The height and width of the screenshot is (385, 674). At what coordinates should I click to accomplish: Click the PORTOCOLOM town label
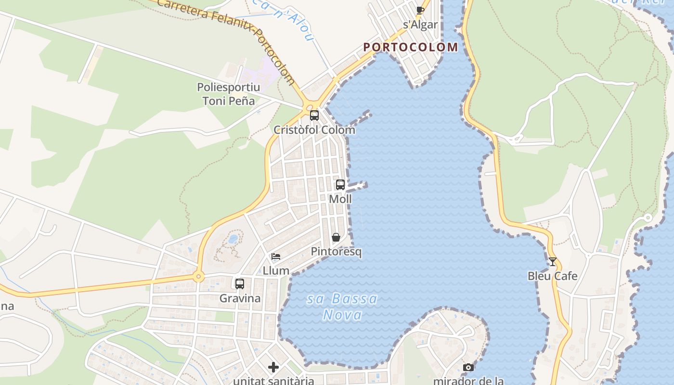click(x=411, y=47)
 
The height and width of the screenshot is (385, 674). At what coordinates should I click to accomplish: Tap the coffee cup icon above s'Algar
click(x=420, y=10)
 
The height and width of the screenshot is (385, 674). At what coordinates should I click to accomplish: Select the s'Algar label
click(x=420, y=25)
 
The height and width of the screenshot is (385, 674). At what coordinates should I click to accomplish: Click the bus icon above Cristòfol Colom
click(x=314, y=115)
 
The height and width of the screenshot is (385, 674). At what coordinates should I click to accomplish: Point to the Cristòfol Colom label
click(x=314, y=130)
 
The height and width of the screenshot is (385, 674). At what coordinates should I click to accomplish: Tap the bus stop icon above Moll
click(x=340, y=184)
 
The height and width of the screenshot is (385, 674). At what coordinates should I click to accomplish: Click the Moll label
click(x=340, y=199)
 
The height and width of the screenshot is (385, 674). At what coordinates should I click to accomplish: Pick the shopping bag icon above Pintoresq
click(x=336, y=237)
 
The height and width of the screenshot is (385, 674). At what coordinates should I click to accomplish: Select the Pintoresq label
click(x=336, y=252)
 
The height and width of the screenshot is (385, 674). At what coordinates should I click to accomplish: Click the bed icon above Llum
click(x=276, y=257)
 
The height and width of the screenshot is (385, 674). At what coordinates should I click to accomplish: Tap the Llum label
click(x=276, y=271)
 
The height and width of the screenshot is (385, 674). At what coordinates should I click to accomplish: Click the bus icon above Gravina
click(x=240, y=284)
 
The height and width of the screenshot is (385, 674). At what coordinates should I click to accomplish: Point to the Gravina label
click(x=240, y=298)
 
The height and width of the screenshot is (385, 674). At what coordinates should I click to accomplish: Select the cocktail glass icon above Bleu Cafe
click(x=552, y=262)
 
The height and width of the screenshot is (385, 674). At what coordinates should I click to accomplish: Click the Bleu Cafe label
click(x=552, y=276)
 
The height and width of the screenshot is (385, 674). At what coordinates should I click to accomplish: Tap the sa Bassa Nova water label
click(x=342, y=307)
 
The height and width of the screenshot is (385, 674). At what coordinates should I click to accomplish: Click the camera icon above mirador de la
click(x=468, y=368)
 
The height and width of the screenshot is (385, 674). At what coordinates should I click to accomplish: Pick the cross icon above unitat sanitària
click(x=273, y=368)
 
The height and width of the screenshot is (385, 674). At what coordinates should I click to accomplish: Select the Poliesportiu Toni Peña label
click(x=229, y=94)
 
